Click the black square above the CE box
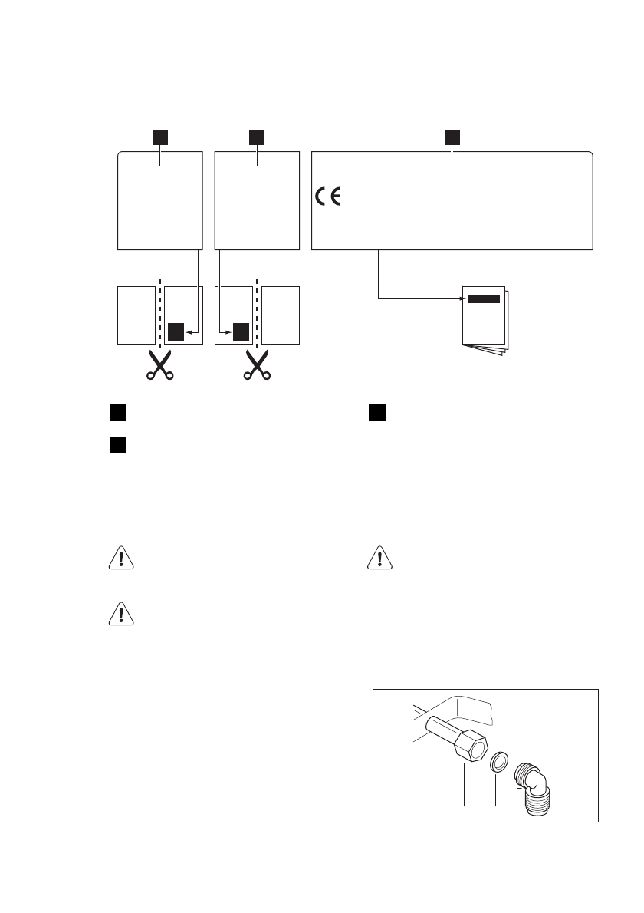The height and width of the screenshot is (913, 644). tap(452, 137)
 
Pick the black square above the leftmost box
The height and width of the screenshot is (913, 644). tap(159, 137)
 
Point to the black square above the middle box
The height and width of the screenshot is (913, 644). tap(257, 137)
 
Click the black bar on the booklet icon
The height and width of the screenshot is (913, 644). tap(484, 299)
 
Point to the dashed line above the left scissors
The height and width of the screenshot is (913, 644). tap(159, 315)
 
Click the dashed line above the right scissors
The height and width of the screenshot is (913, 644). tap(257, 315)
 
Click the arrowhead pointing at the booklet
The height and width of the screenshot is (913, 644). tap(462, 299)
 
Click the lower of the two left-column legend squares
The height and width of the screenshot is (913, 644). tap(117, 444)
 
